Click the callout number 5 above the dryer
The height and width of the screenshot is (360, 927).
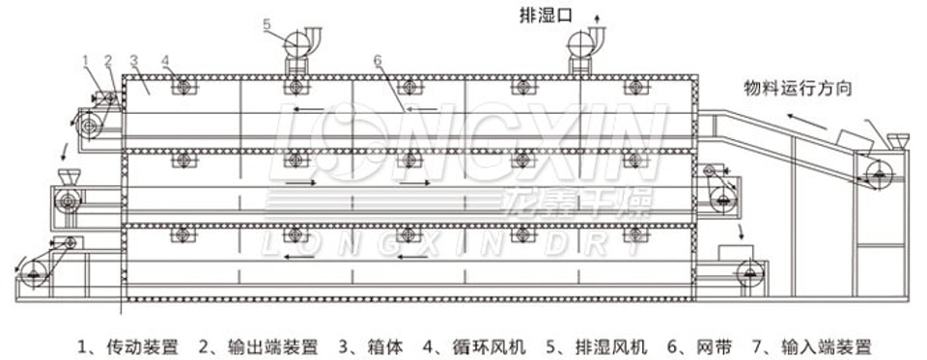click(267, 24)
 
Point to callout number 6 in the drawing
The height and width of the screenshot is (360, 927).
click(378, 60)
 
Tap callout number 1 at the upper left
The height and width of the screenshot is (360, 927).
click(85, 60)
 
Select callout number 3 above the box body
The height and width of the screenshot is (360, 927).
click(133, 60)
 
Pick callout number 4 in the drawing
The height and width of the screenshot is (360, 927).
click(165, 60)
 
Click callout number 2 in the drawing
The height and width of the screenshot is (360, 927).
click(108, 60)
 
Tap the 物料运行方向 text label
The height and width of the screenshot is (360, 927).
click(797, 89)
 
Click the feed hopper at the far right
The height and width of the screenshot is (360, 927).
click(898, 142)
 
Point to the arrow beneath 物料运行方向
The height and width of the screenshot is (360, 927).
click(806, 122)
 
